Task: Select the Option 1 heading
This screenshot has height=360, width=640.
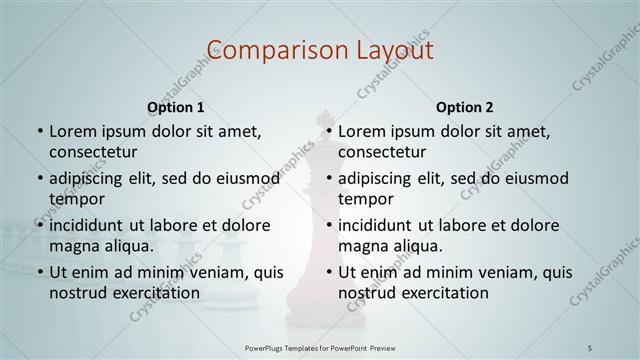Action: pyautogui.click(x=176, y=107)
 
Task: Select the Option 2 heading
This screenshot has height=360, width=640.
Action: pyautogui.click(x=465, y=107)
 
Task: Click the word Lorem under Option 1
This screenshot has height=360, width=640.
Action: pyautogui.click(x=73, y=131)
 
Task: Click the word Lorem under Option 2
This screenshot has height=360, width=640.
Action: pyautogui.click(x=362, y=131)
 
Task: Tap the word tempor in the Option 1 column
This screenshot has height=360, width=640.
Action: pyautogui.click(x=76, y=199)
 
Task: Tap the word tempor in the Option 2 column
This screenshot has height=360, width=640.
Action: pyautogui.click(x=365, y=199)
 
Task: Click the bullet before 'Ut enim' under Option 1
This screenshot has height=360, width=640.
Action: pyautogui.click(x=39, y=272)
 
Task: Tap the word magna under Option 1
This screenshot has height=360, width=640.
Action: pyautogui.click(x=73, y=246)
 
